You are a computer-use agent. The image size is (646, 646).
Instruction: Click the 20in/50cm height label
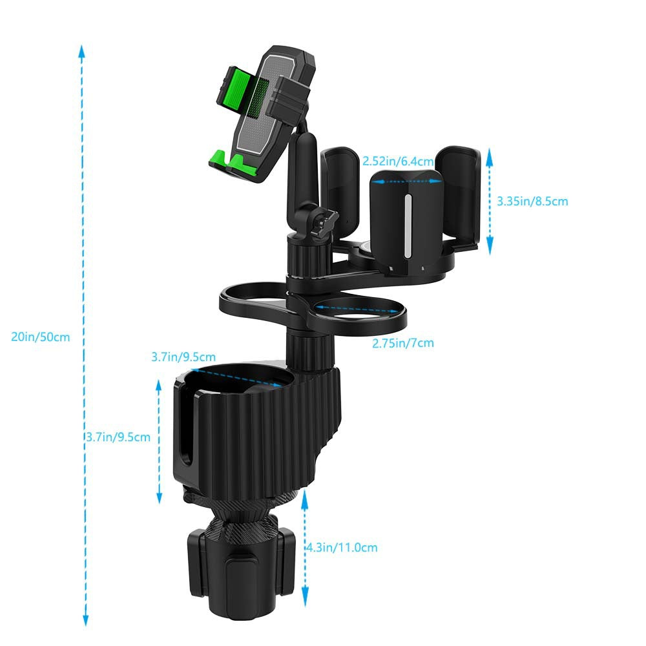tap(40, 337)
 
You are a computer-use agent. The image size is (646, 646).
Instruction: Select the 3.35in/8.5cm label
tap(532, 202)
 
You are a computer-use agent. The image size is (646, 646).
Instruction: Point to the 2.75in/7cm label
tap(403, 343)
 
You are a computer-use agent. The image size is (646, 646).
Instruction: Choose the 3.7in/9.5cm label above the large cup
tap(183, 357)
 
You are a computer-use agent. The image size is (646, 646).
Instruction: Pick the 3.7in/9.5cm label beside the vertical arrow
tap(118, 437)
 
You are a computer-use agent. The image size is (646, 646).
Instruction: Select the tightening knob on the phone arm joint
tap(321, 220)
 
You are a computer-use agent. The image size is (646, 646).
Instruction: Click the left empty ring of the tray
tap(255, 300)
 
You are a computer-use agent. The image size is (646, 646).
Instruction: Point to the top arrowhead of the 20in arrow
tap(82, 50)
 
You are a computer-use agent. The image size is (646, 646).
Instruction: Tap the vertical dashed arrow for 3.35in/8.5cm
tap(490, 200)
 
